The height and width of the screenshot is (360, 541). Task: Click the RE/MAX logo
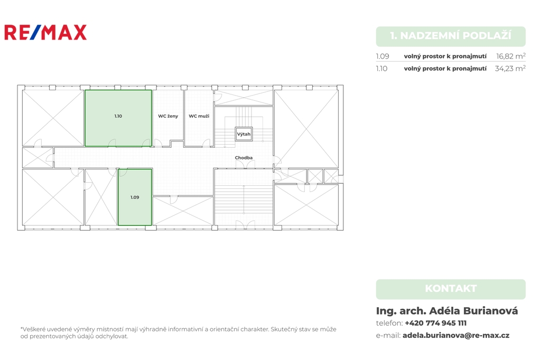pos(45,32)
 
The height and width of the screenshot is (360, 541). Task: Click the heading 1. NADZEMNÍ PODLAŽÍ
pos(451,35)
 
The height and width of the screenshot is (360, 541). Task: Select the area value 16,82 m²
pos(511,56)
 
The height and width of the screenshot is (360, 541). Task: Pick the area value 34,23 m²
pos(510,68)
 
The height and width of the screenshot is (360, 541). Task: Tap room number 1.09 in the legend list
pos(383,56)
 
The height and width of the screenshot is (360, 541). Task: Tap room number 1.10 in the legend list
pos(381,69)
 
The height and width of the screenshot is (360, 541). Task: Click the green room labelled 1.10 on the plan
pos(118,118)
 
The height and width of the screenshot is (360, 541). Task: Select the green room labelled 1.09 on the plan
pos(135,197)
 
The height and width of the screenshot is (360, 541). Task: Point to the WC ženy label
pos(168,116)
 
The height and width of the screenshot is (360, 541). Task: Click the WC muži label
pos(199,116)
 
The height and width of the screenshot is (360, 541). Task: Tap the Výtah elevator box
pos(244,134)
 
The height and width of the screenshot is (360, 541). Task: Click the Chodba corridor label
pos(244,158)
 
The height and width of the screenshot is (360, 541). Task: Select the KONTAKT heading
pos(451,288)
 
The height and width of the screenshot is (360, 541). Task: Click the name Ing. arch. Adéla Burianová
pos(447,311)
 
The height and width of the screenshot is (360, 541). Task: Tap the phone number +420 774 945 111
pos(435,323)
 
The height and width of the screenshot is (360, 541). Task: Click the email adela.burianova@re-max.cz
pos(456,335)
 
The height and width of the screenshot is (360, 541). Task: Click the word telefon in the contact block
pos(389,323)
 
